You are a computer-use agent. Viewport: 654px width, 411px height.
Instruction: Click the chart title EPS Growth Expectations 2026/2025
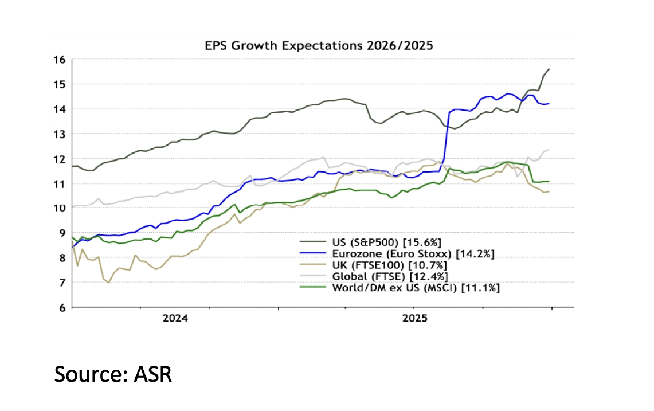(x=319, y=45)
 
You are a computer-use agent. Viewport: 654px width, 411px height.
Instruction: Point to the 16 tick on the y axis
(x=60, y=59)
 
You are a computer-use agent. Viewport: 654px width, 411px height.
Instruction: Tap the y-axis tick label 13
(x=60, y=134)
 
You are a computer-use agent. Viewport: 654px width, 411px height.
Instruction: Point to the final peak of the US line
(x=549, y=69)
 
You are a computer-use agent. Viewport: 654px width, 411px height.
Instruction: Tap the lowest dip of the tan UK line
(x=109, y=283)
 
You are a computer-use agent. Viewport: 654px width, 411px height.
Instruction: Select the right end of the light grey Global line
(x=549, y=150)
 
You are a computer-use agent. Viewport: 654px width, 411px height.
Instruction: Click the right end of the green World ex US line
(x=549, y=181)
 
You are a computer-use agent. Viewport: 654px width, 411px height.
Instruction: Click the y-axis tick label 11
(x=60, y=183)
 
